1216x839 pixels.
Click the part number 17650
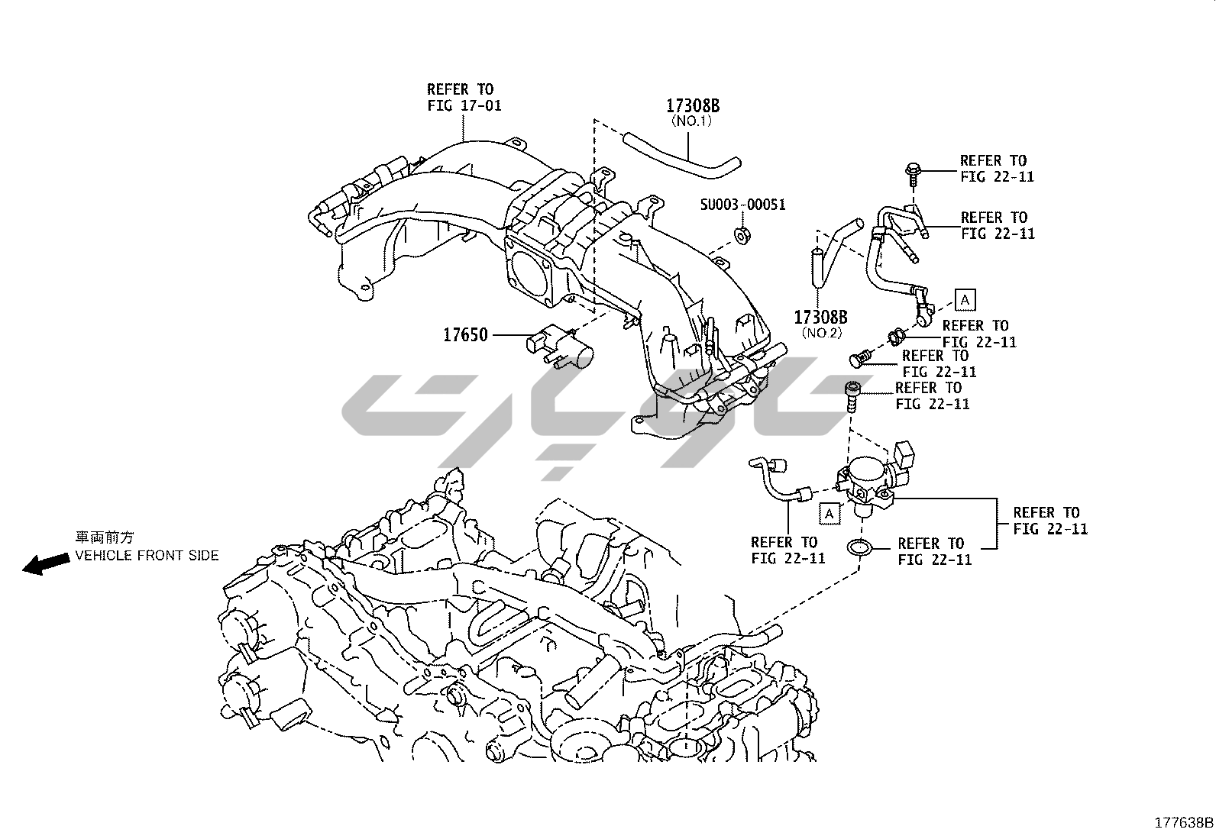(x=465, y=334)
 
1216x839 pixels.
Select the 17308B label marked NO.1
(x=693, y=106)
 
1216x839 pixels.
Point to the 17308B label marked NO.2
(x=820, y=317)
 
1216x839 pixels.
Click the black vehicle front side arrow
(x=45, y=564)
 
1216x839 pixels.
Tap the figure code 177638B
(x=1183, y=823)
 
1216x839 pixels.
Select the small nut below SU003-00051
(x=742, y=234)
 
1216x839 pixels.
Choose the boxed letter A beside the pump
(x=829, y=514)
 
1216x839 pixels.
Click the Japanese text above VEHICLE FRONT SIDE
(x=108, y=537)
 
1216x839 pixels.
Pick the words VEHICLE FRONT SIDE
(x=147, y=555)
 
